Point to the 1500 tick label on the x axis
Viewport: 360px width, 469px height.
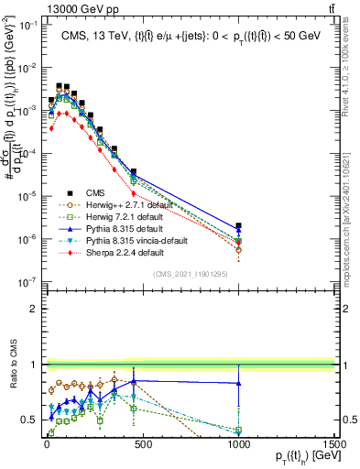coord(334,443)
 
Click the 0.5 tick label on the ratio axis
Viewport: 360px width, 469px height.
coord(27,420)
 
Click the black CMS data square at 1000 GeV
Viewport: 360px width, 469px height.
coord(238,225)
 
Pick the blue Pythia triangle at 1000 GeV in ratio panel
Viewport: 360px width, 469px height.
coord(238,383)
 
